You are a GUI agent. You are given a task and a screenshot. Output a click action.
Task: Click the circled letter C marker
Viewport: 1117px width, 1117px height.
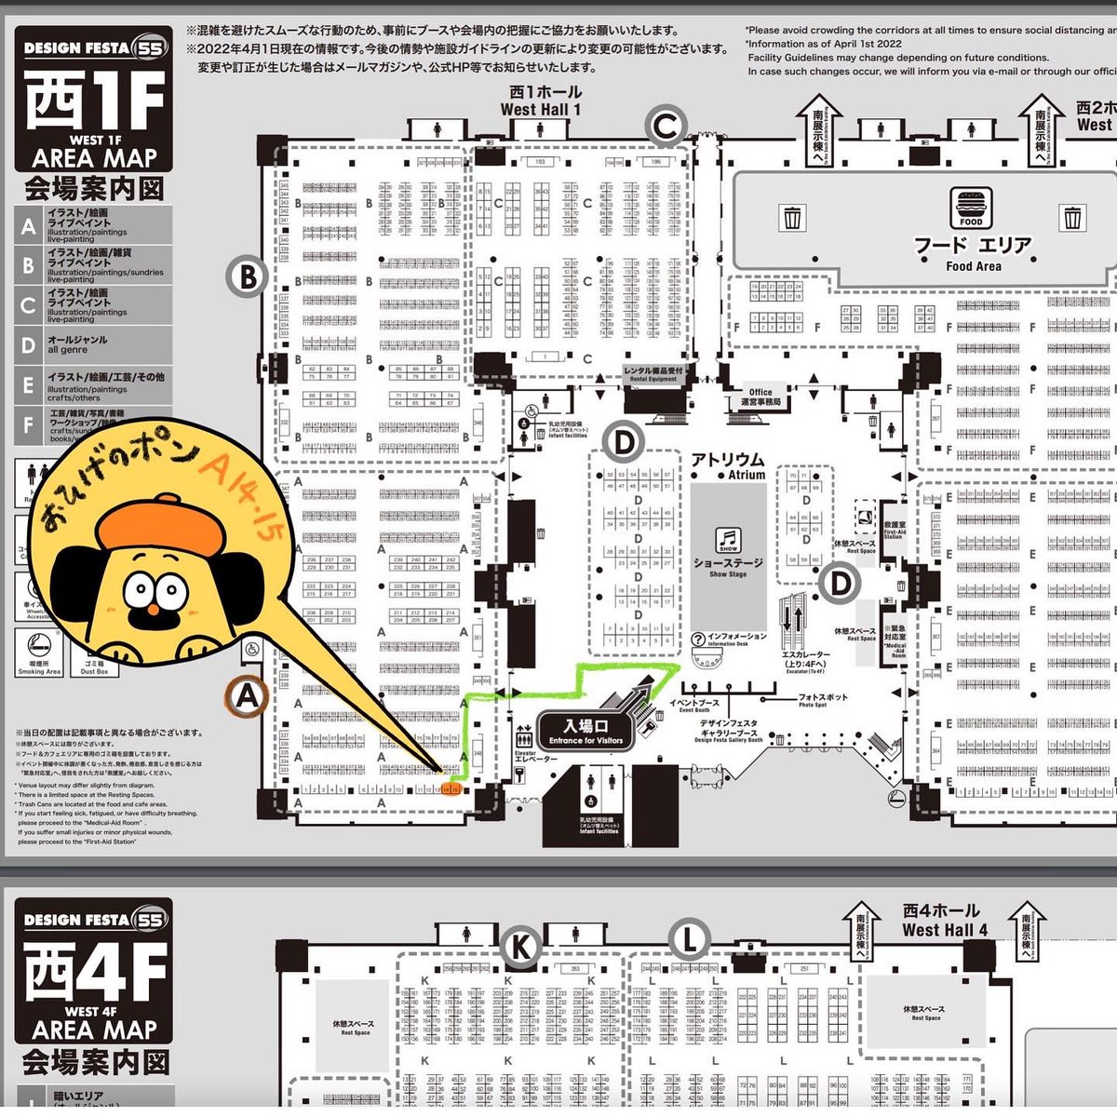(x=666, y=128)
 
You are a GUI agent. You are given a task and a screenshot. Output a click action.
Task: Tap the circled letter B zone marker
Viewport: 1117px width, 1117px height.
(x=248, y=276)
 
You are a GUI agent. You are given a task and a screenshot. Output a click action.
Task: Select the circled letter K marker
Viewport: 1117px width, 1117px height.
(x=520, y=947)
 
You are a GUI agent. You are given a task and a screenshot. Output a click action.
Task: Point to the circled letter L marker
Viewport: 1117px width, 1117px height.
(x=688, y=941)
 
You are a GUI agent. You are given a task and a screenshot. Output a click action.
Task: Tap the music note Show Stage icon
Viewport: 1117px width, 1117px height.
(x=728, y=539)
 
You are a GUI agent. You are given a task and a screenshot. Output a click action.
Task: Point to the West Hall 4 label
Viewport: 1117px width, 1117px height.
(x=943, y=921)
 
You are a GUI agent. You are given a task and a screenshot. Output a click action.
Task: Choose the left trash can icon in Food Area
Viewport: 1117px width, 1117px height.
(x=792, y=218)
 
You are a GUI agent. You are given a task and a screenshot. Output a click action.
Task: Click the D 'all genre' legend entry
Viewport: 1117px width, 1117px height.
(x=94, y=345)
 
